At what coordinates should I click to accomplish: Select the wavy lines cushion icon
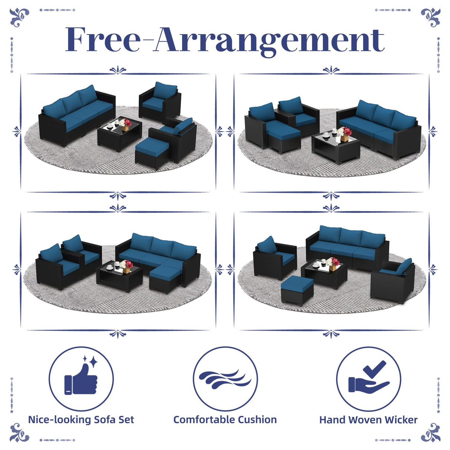click(x=225, y=378)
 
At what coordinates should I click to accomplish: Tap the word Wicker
click(x=401, y=420)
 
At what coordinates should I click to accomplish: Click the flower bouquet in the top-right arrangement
click(x=345, y=132)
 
